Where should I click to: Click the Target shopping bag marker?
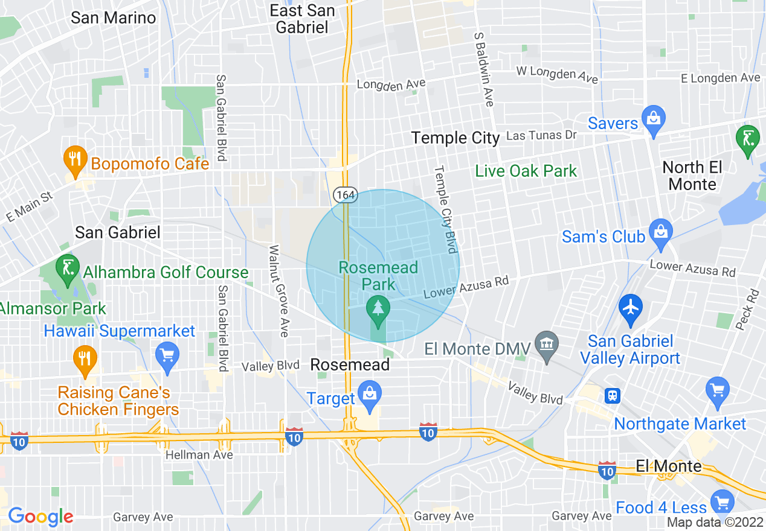point(368,393)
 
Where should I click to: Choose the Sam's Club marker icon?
point(661,232)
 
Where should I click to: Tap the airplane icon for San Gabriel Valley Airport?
point(631,307)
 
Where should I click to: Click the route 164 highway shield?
point(346,195)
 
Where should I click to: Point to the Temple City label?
point(455,138)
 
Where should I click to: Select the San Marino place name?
point(114,17)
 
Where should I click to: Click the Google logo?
point(40,517)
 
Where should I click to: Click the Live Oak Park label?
point(526,171)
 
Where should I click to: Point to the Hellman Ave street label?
point(199,455)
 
